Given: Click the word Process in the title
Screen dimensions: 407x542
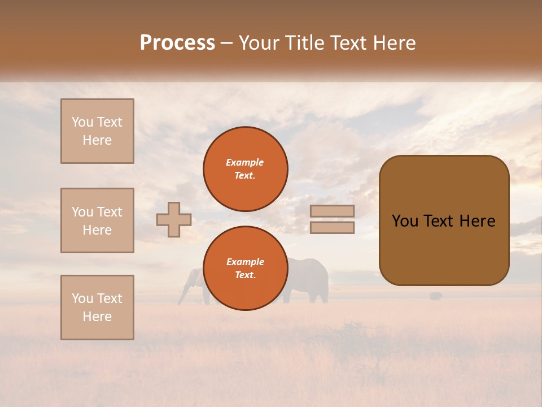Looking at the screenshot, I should click(177, 43).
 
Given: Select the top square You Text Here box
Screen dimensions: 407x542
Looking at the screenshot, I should click(97, 131).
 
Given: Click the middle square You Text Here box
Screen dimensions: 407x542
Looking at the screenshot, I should click(97, 220).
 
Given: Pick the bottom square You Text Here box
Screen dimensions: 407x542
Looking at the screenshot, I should click(97, 308).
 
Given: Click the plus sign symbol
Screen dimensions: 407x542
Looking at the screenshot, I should click(174, 219).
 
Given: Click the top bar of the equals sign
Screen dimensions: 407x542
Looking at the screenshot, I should click(332, 211).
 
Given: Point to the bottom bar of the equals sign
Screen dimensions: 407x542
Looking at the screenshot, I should click(332, 228).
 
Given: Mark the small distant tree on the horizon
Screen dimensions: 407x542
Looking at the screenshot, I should click(435, 296).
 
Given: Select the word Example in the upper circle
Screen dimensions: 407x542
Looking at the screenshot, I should click(244, 163).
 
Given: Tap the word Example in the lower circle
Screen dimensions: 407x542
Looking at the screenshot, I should click(245, 262).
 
